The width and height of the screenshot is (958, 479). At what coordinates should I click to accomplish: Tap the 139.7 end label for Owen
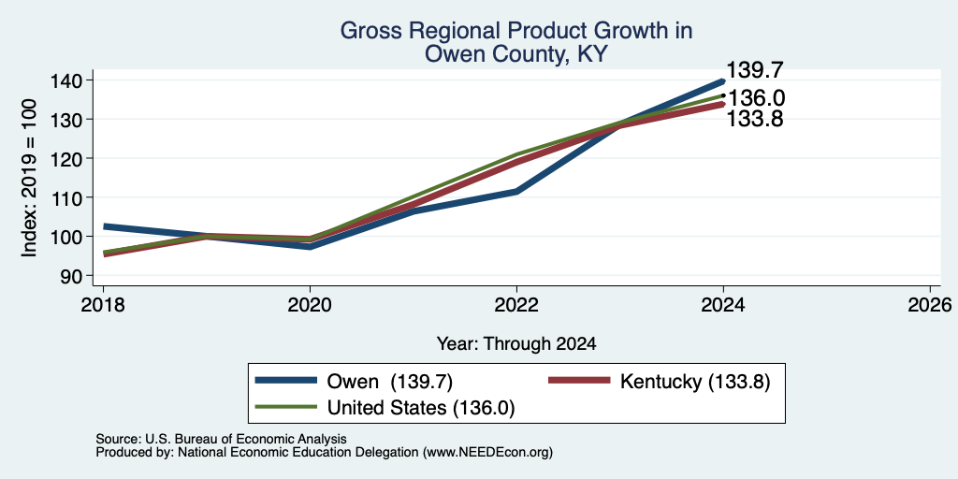pyautogui.click(x=755, y=70)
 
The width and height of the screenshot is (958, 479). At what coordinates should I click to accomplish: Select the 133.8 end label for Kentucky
pyautogui.click(x=755, y=119)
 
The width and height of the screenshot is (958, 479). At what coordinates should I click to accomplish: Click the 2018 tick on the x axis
pyautogui.click(x=103, y=305)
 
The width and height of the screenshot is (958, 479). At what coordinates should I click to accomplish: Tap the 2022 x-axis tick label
pyautogui.click(x=516, y=305)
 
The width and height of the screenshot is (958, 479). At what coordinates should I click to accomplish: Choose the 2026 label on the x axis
pyautogui.click(x=930, y=305)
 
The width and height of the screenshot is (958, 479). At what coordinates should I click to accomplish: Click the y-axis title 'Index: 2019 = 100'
pyautogui.click(x=29, y=179)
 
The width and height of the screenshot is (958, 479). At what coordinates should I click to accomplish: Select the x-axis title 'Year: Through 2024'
pyautogui.click(x=516, y=344)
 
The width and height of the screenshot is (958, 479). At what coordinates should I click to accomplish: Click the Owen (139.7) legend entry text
pyautogui.click(x=390, y=382)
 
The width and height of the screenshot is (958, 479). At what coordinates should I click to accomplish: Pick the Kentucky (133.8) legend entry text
pyautogui.click(x=695, y=382)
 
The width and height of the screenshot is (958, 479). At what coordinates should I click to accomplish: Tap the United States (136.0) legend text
pyautogui.click(x=422, y=408)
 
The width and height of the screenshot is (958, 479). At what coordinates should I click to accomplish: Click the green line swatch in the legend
pyautogui.click(x=286, y=407)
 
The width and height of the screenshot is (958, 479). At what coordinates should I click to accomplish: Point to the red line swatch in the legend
pyautogui.click(x=579, y=380)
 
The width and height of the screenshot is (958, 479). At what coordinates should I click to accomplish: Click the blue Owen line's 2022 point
pyautogui.click(x=516, y=191)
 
